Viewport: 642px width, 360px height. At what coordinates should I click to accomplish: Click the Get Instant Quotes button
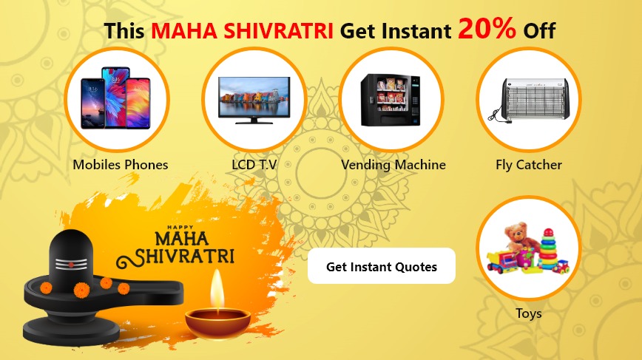pyautogui.click(x=381, y=266)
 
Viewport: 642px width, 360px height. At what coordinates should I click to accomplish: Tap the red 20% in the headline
pyautogui.click(x=487, y=28)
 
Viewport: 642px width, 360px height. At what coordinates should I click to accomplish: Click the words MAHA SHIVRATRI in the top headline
pyautogui.click(x=242, y=31)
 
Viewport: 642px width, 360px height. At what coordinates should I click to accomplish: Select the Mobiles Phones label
pyautogui.click(x=121, y=164)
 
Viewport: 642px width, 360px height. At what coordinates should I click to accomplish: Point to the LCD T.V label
pyautogui.click(x=254, y=164)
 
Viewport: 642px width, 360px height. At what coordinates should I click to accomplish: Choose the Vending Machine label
pyautogui.click(x=393, y=164)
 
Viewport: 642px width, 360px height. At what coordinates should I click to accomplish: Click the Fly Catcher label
pyautogui.click(x=529, y=164)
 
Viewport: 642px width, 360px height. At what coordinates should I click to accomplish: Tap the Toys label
pyautogui.click(x=529, y=313)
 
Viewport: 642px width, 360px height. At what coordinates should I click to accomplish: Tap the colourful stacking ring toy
pyautogui.click(x=548, y=250)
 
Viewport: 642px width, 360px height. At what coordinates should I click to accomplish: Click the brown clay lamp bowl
pyautogui.click(x=217, y=323)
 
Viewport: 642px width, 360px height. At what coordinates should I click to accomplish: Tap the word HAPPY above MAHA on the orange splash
pyautogui.click(x=180, y=228)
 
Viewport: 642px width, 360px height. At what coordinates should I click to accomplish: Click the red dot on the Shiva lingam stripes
pyautogui.click(x=71, y=265)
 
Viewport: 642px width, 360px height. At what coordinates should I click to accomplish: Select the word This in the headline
pyautogui.click(x=124, y=31)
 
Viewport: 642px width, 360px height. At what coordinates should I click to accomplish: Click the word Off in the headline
pyautogui.click(x=539, y=31)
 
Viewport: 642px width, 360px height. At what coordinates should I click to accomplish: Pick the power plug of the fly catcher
pyautogui.click(x=509, y=121)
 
